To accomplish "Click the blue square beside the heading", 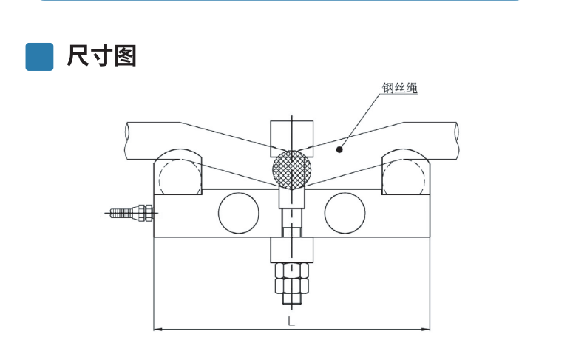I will coord(39,56).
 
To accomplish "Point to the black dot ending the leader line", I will coord(339,149).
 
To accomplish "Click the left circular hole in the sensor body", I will coord(239,211).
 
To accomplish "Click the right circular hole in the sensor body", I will coord(345,211).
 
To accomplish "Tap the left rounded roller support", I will coord(178,172).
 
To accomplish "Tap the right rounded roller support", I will coord(405,172).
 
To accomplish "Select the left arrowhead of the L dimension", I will coord(157,329).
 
